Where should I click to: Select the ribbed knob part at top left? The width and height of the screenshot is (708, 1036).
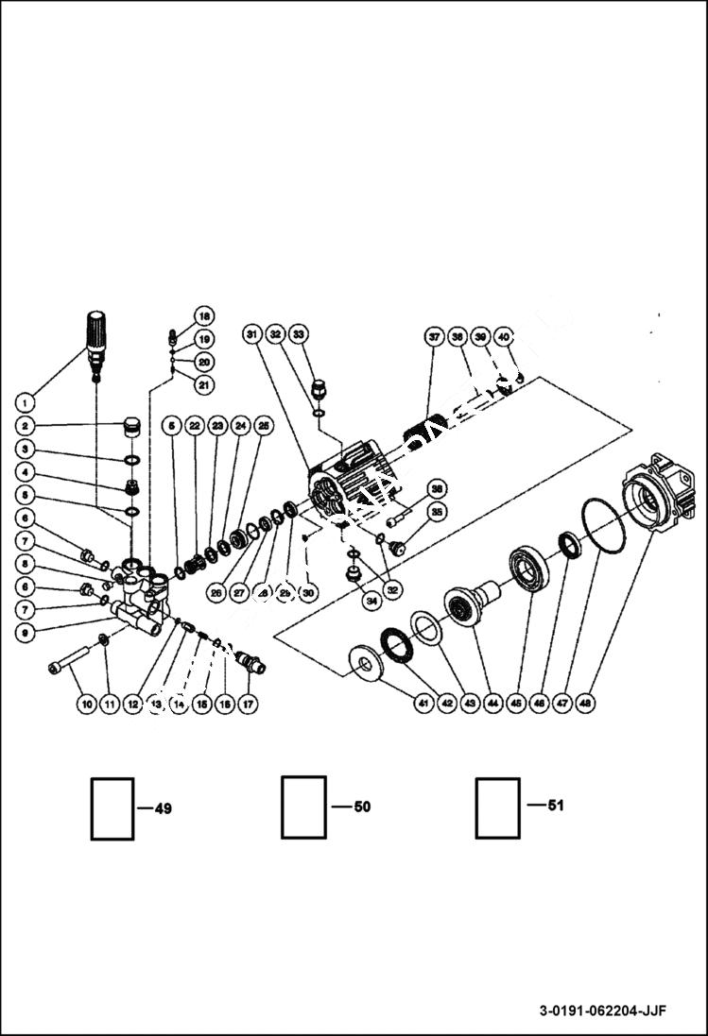point(98,334)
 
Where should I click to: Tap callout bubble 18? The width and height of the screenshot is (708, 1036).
point(204,315)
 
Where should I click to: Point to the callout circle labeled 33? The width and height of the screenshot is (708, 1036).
point(298,335)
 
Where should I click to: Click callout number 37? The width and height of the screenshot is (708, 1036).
point(434,336)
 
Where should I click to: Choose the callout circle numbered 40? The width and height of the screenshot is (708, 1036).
point(504,336)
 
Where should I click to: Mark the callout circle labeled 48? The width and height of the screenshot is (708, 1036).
point(587,703)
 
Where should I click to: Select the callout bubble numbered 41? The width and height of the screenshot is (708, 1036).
point(423,703)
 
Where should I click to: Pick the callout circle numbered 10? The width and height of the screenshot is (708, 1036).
point(85,704)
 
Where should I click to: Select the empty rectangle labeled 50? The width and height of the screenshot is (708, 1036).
point(303,807)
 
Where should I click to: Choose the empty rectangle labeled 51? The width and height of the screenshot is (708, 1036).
point(497,807)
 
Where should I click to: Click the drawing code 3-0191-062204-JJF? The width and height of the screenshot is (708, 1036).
point(603,1011)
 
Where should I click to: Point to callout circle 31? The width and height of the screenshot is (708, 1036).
point(252,335)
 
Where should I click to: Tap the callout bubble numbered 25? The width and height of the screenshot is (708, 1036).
point(264,427)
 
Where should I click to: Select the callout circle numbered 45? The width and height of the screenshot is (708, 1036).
point(516,703)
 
